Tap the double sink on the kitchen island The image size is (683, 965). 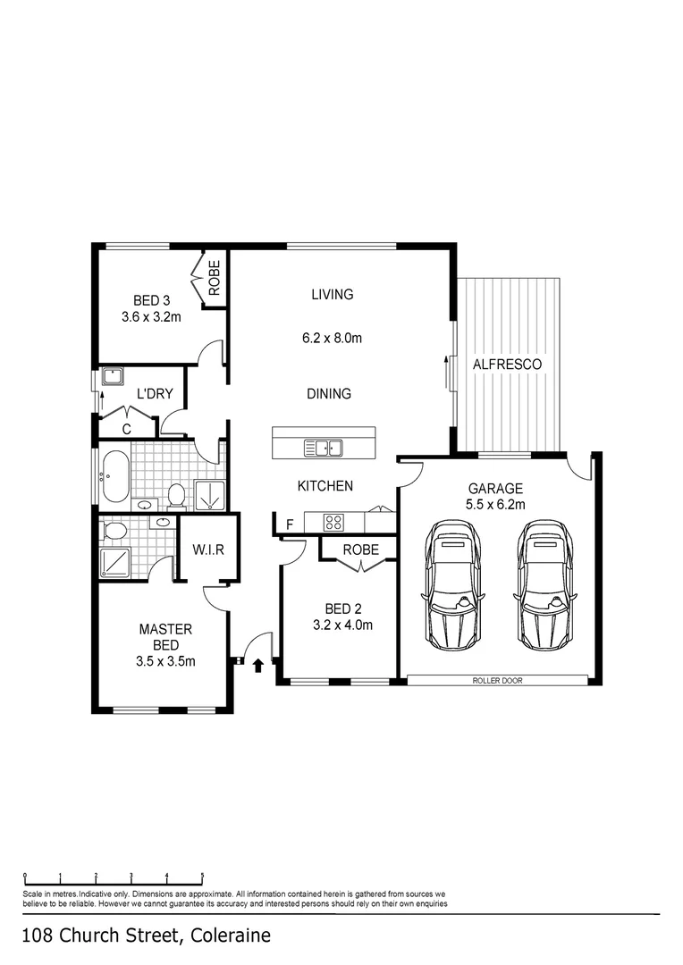(323, 448)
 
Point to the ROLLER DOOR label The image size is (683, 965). (497, 681)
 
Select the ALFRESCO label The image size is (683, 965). (507, 365)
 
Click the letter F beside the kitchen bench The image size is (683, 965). (290, 524)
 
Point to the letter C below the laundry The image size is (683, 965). (127, 429)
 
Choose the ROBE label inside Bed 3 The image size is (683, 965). (215, 278)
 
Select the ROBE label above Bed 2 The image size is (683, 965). (360, 550)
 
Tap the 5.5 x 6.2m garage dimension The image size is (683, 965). (495, 505)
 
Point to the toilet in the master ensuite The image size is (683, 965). (114, 531)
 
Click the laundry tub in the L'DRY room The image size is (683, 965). (113, 376)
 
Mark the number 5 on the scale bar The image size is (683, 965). (203, 876)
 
